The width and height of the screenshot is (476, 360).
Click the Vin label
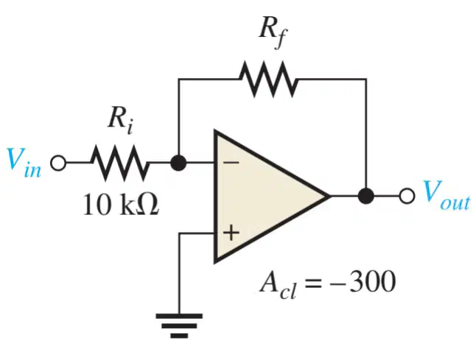[24, 163]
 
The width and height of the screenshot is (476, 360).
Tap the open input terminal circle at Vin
[58, 163]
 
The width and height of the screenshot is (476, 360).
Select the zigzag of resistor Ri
[120, 163]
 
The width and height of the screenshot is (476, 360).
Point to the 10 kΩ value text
[121, 205]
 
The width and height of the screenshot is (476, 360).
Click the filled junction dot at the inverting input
[178, 163]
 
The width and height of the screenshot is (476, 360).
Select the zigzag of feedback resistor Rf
[269, 80]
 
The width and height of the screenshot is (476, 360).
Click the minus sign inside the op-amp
[231, 163]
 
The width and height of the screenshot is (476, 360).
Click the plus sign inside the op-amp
[231, 233]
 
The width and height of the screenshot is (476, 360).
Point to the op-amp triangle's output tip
[330, 197]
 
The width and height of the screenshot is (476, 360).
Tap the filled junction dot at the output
[366, 196]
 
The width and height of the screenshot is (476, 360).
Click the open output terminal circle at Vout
[407, 196]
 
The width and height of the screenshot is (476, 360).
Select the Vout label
[447, 196]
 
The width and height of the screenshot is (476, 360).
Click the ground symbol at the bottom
[179, 325]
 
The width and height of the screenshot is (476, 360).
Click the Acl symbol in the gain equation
[278, 284]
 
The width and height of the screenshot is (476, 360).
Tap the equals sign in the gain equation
[313, 283]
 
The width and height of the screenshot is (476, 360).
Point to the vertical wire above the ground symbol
[179, 273]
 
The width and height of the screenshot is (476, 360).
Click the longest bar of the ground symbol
[179, 316]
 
